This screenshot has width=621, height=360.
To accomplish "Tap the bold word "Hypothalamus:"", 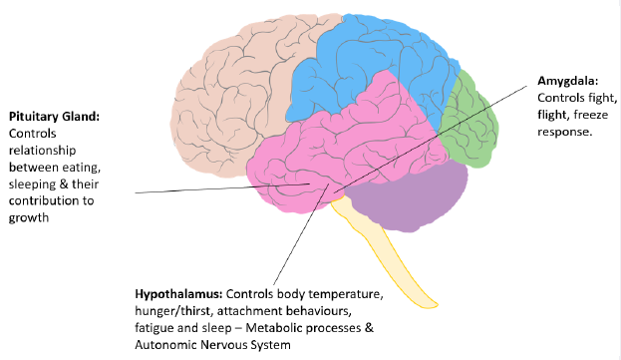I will (178, 295).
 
